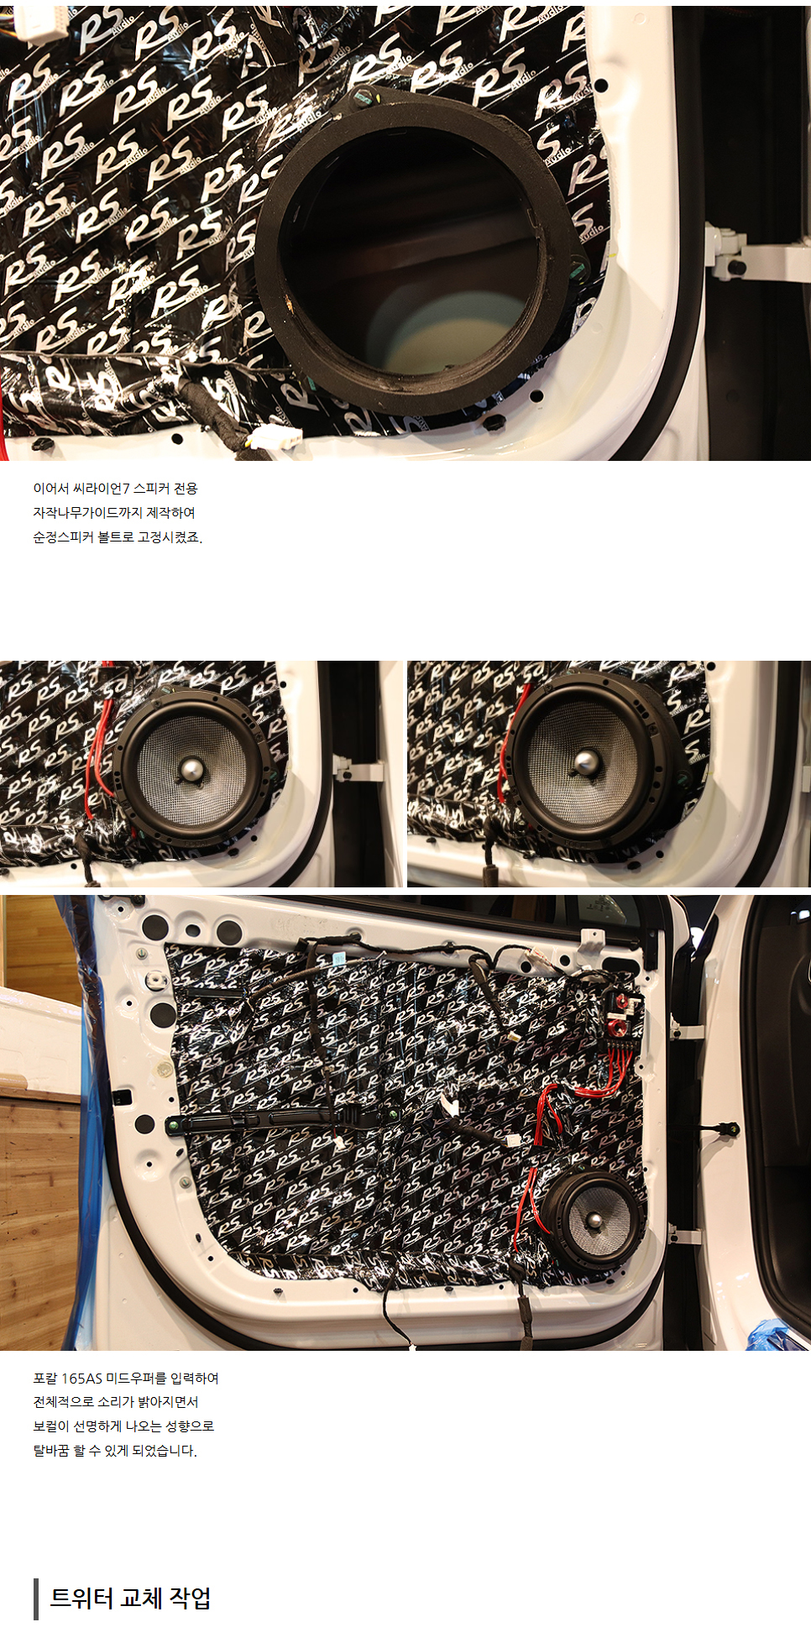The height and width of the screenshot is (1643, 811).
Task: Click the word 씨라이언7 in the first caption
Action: click(102, 489)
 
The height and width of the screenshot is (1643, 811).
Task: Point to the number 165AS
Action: click(81, 1379)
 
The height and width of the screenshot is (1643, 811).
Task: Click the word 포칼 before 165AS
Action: click(45, 1379)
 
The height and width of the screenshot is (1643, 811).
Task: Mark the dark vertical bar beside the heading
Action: click(36, 1599)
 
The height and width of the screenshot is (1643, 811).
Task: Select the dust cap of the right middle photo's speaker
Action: click(585, 762)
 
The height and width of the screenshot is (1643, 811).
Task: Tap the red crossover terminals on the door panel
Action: click(620, 1012)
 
